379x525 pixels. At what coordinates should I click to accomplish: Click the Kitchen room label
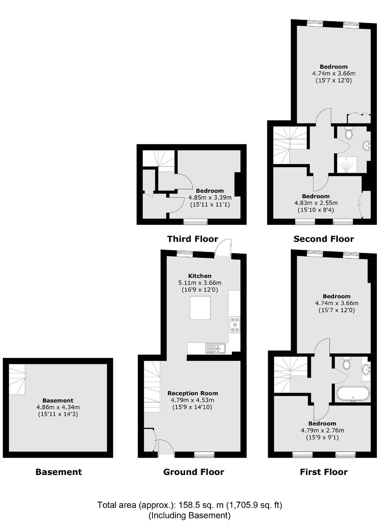coord(200,276)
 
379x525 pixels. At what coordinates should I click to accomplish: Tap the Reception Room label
coord(193,393)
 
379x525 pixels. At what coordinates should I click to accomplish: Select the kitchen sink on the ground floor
coord(215,348)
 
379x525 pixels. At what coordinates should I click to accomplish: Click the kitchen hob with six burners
coord(235,324)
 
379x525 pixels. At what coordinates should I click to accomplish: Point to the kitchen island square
coord(200,308)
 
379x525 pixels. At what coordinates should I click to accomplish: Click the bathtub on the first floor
coord(353,394)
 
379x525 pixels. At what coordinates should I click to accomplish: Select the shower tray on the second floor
coord(348,165)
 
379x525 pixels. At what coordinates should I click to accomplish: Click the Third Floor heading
coord(193,239)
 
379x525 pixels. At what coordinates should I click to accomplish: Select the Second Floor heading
coord(324,239)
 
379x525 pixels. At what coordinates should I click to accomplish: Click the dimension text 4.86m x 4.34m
coord(58,408)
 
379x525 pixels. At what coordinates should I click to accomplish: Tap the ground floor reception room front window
coord(204,455)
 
